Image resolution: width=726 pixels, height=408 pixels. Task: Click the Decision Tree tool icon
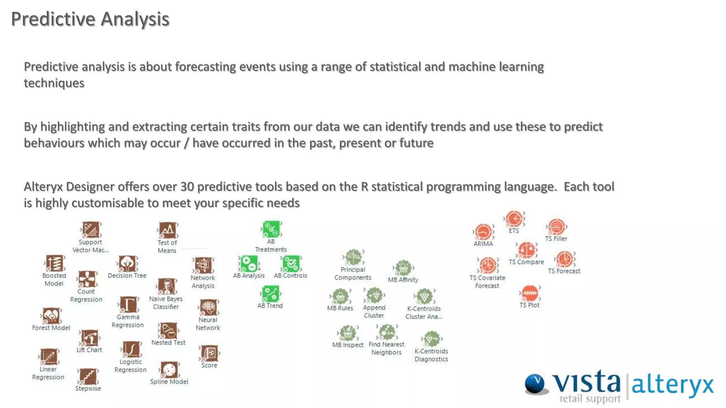coord(127,263)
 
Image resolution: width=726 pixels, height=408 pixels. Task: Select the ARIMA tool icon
coord(483,232)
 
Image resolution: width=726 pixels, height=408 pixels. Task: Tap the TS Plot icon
coord(530,293)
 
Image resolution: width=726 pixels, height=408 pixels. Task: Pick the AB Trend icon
coord(270,294)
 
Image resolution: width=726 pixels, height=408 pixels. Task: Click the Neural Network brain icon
coord(208,307)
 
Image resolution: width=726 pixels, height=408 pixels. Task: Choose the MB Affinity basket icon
coord(403,268)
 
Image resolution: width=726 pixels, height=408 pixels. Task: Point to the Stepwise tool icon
coord(88,376)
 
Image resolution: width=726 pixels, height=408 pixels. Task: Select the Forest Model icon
coord(51,316)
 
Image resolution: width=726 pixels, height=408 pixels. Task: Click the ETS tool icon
coord(514,219)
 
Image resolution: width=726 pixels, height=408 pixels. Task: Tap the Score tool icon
coord(209,353)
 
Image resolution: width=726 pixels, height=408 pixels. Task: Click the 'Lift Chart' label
coord(89,350)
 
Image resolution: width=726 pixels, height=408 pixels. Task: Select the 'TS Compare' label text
coord(526,262)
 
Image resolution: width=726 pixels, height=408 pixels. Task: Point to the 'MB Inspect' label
coord(348,345)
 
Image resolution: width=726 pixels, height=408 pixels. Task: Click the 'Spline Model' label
coord(169,382)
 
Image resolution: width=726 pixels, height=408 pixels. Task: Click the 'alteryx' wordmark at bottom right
coord(672,385)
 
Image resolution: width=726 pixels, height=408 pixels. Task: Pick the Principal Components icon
coord(353,257)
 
